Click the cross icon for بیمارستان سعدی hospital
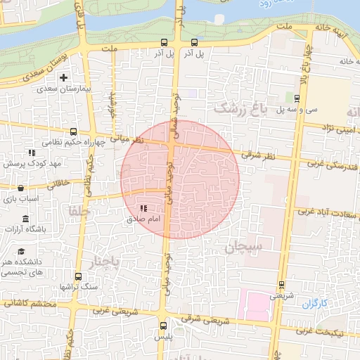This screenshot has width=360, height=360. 65,77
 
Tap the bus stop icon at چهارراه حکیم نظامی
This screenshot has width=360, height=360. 74,131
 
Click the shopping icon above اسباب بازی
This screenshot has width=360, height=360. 20,188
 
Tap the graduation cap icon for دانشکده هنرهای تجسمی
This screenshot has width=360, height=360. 21,251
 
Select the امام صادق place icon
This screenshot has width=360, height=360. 144,208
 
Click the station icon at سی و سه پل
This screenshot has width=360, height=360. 288,98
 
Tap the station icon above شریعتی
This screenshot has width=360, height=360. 282,285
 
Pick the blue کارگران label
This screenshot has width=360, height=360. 316,304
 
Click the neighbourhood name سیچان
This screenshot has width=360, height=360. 243,247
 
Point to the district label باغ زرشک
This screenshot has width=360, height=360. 241,109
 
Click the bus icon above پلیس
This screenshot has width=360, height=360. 164,325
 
